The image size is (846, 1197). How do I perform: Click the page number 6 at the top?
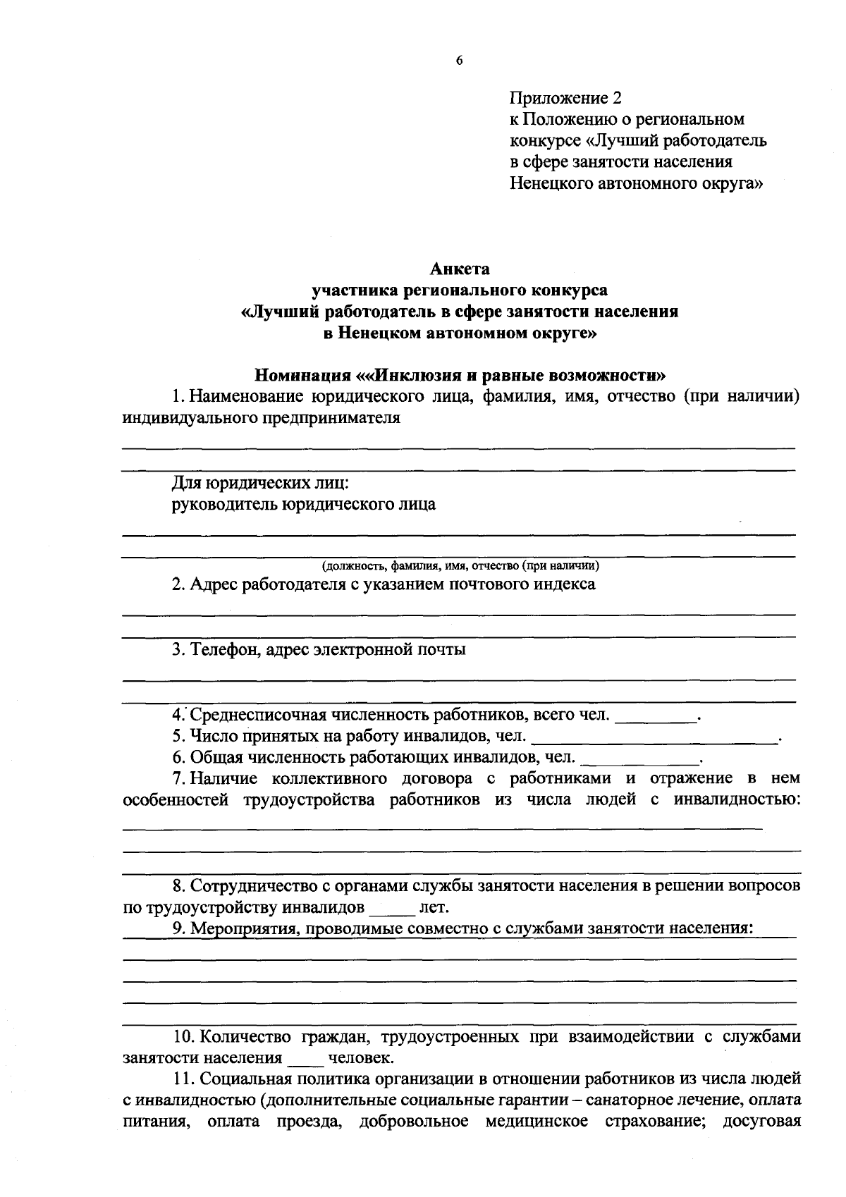coord(459,61)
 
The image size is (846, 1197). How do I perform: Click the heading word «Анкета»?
coord(460,269)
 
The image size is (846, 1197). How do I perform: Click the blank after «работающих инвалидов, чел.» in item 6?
coord(642,760)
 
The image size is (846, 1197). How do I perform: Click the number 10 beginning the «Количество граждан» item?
coord(183,1037)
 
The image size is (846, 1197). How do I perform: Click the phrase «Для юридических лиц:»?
coord(260,483)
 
